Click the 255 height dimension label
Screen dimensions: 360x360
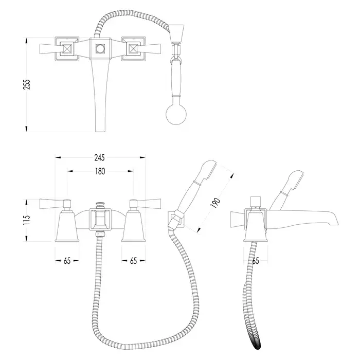click(x=27, y=84)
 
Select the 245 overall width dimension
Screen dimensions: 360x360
click(x=99, y=158)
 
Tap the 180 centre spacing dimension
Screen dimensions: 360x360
click(x=100, y=171)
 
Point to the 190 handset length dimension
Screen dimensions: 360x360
click(x=215, y=203)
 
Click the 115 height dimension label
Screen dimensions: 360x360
click(x=27, y=220)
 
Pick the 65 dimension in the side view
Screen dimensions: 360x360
click(x=256, y=261)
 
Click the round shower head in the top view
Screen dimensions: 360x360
click(x=176, y=114)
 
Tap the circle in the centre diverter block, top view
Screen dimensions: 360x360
click(x=100, y=49)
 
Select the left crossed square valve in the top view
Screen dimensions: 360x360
click(x=67, y=49)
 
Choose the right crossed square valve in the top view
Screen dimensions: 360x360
click(x=133, y=49)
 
